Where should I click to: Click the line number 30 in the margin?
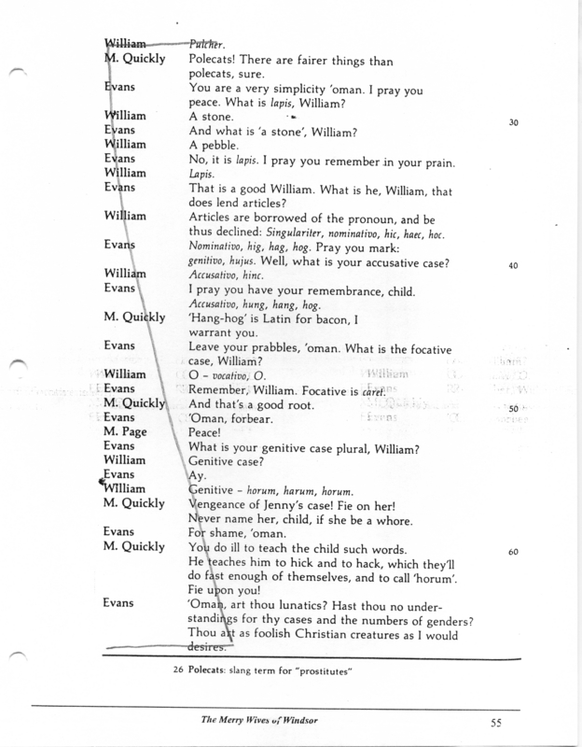[x=513, y=123]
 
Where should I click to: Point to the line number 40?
[x=513, y=265]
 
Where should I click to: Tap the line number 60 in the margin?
[x=513, y=552]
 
